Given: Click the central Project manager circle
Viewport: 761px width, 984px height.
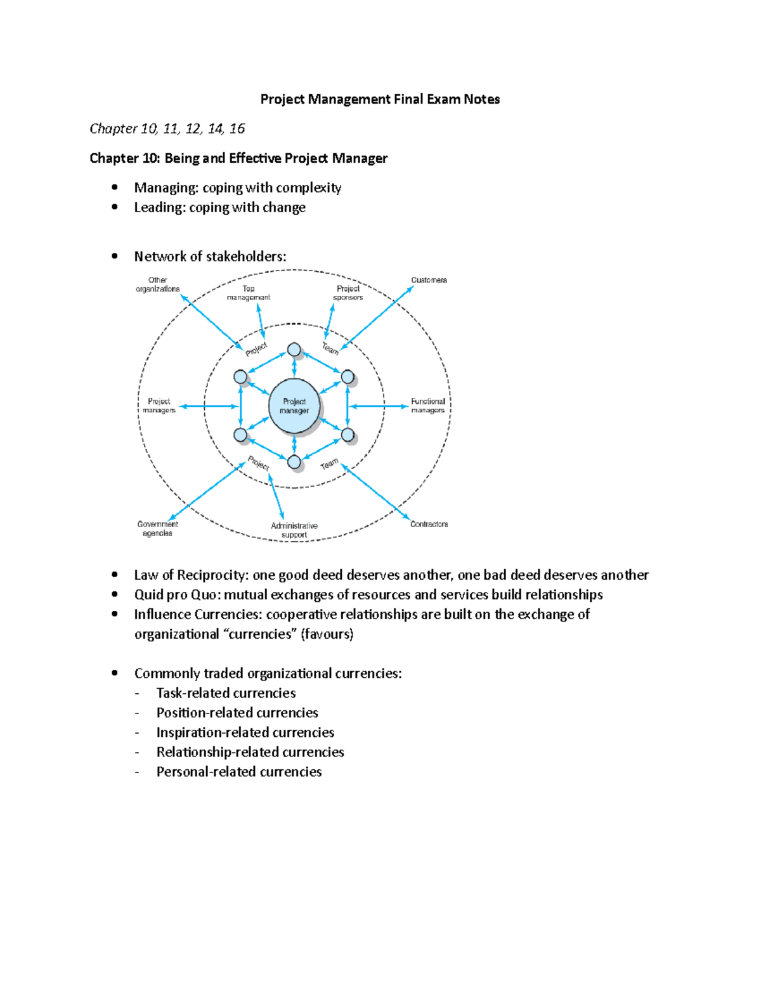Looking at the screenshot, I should click(x=294, y=406).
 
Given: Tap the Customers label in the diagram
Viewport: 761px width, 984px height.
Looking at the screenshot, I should click(x=429, y=280).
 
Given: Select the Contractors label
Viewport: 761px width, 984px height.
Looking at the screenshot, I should click(x=429, y=524).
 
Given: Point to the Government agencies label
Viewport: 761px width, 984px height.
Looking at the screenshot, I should click(x=157, y=528).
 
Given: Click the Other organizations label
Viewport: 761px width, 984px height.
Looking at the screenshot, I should click(x=157, y=284).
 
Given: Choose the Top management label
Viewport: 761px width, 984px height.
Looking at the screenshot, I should click(x=249, y=293).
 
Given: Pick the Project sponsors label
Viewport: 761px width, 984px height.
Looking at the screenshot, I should click(x=348, y=293).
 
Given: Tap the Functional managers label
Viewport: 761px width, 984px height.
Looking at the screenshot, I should click(x=428, y=406).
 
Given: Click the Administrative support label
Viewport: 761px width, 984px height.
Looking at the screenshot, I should click(x=294, y=530).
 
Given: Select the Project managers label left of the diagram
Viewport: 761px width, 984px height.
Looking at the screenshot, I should click(x=159, y=406).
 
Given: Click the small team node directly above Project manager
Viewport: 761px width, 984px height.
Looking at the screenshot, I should click(x=294, y=350).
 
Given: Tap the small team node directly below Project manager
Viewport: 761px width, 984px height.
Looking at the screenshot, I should click(x=294, y=463).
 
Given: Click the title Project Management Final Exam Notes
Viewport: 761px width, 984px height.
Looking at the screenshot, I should click(x=380, y=99).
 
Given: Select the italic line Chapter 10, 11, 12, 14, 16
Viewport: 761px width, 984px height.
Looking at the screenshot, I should click(x=167, y=129).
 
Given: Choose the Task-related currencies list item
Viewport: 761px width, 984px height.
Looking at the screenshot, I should click(x=226, y=693).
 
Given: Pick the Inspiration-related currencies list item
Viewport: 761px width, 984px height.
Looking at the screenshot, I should click(x=245, y=732).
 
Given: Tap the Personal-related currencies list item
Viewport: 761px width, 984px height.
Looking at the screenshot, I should click(x=238, y=771).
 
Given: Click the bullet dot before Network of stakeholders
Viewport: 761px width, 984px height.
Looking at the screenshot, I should click(x=115, y=256).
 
